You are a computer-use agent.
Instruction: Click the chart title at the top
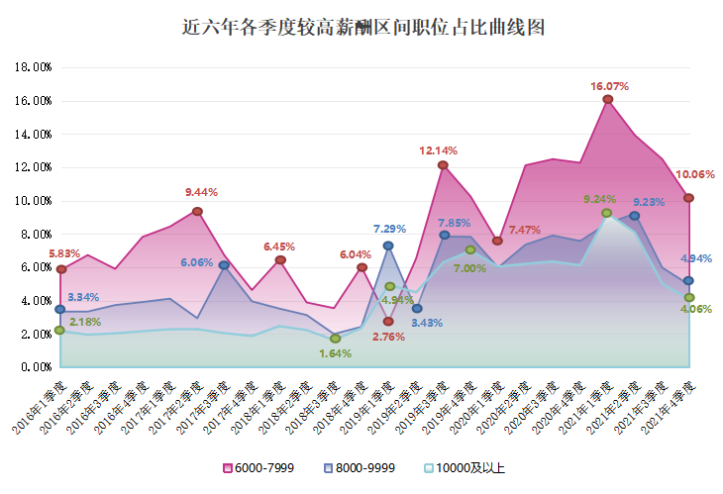363,28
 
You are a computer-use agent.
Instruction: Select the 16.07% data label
611,86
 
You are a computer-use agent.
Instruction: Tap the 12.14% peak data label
439,150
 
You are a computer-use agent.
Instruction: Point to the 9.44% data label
201,192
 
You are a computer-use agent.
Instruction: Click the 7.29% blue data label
389,229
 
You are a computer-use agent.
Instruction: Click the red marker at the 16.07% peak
607,99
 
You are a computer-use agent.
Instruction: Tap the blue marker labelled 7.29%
388,246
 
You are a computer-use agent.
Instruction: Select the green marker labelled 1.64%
336,339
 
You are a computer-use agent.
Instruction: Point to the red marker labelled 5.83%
60,269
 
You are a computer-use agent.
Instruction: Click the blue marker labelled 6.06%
225,265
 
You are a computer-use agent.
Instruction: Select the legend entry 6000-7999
258,468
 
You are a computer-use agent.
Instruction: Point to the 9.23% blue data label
649,202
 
